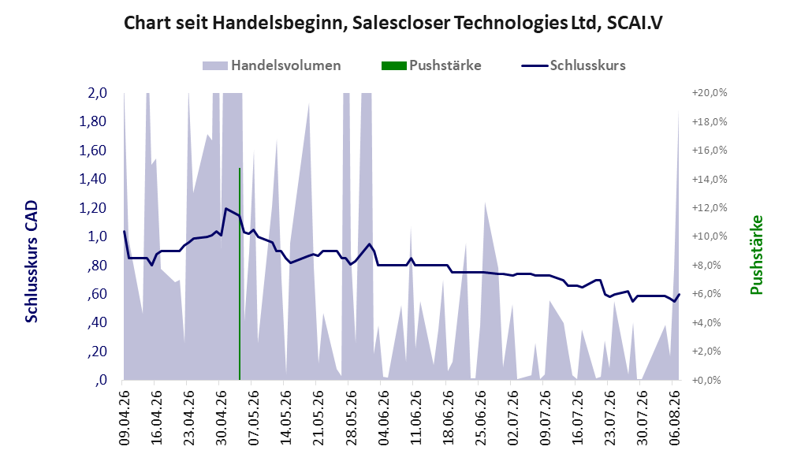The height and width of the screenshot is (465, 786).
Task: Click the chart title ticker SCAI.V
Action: click(635, 23)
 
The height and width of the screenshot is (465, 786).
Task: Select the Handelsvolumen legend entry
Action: click(271, 65)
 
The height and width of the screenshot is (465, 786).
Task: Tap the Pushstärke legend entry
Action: click(431, 65)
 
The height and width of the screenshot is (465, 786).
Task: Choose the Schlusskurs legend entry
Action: click(573, 65)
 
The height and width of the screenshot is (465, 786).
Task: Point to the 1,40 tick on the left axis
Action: click(93, 179)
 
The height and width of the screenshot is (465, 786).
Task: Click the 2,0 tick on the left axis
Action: click(97, 93)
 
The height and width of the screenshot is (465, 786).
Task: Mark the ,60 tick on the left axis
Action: click(97, 294)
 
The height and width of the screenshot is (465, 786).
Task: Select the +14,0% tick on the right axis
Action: click(710, 179)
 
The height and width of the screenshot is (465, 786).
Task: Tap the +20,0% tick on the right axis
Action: click(710, 93)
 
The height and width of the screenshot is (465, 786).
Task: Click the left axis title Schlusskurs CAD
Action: click(32, 262)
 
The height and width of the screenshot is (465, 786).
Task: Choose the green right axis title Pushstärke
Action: click(756, 255)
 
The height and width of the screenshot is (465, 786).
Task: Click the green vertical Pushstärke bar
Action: click(240, 274)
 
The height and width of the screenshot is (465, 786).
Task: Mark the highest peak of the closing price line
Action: click(225, 208)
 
